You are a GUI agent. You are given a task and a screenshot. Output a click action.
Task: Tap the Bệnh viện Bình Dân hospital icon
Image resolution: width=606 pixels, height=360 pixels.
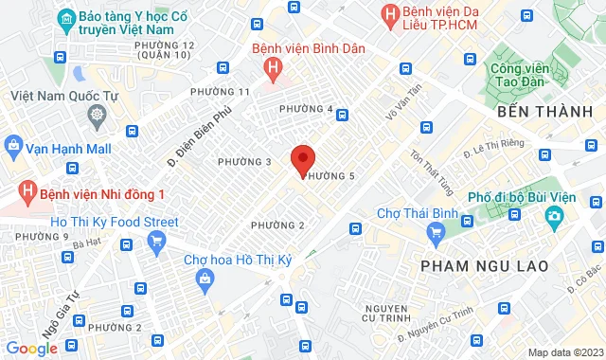coord(274,67)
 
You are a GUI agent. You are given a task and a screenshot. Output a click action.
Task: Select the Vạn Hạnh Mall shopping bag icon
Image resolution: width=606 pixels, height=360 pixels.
coord(12,148)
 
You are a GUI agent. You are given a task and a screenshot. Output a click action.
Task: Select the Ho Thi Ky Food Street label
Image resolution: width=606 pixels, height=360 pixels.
coord(101,222)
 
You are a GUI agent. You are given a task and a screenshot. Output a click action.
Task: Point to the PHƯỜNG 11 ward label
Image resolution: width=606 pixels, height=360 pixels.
coord(219,91)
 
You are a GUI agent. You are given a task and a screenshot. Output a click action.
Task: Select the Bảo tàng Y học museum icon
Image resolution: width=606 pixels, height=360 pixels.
coord(66,19)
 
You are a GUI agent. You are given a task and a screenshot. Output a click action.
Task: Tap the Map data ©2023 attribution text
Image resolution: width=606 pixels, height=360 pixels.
coord(565,352)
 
